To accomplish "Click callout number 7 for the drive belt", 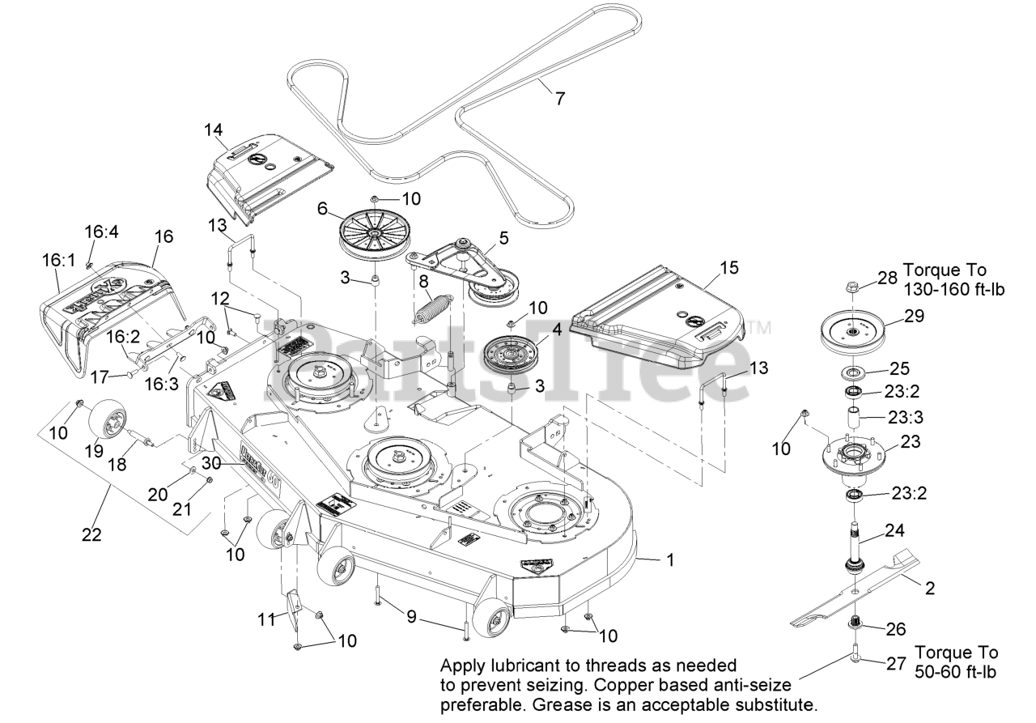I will point(559,98).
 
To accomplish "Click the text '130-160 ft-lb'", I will point(953,289).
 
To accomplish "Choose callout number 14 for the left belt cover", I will point(214,130).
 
